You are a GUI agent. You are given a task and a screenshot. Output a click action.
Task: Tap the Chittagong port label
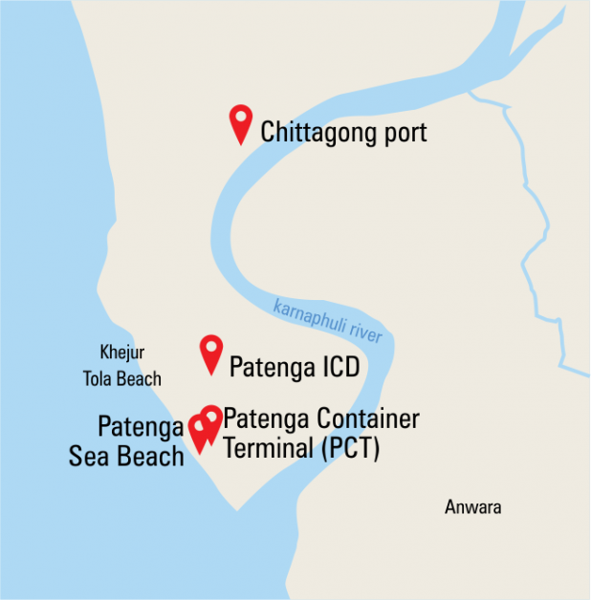343,132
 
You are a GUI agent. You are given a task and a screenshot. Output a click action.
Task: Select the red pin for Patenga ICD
210,353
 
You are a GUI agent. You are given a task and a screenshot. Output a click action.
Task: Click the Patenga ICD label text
294,366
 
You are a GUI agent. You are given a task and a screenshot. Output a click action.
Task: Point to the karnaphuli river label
327,321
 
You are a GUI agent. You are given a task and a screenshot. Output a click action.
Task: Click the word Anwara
472,507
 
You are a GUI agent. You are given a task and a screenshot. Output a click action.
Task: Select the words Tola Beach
121,378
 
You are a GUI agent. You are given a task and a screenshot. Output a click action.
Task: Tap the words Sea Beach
126,456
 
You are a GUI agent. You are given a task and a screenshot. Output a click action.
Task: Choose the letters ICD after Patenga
336,366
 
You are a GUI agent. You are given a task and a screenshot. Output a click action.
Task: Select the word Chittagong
316,132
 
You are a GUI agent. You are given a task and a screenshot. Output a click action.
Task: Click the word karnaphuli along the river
308,314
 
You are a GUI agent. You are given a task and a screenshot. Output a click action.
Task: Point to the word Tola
99,378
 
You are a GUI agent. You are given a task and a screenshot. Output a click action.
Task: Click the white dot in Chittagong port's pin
241,117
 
